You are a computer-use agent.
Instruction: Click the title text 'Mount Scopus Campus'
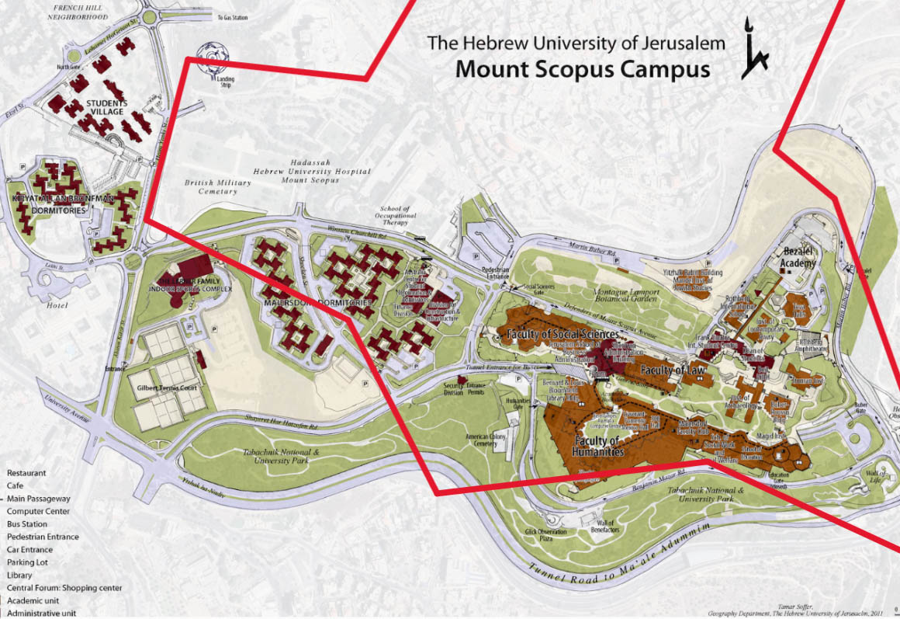click(582, 69)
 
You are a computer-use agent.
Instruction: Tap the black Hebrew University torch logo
click(753, 48)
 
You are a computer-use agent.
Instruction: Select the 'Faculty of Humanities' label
click(598, 447)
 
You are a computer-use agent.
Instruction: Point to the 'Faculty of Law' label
click(673, 370)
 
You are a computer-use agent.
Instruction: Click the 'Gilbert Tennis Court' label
click(163, 387)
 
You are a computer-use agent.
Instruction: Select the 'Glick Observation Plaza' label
click(546, 536)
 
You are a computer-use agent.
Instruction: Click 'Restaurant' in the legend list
click(26, 473)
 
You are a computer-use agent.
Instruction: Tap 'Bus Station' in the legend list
click(27, 524)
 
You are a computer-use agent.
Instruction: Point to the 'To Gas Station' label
click(232, 17)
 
